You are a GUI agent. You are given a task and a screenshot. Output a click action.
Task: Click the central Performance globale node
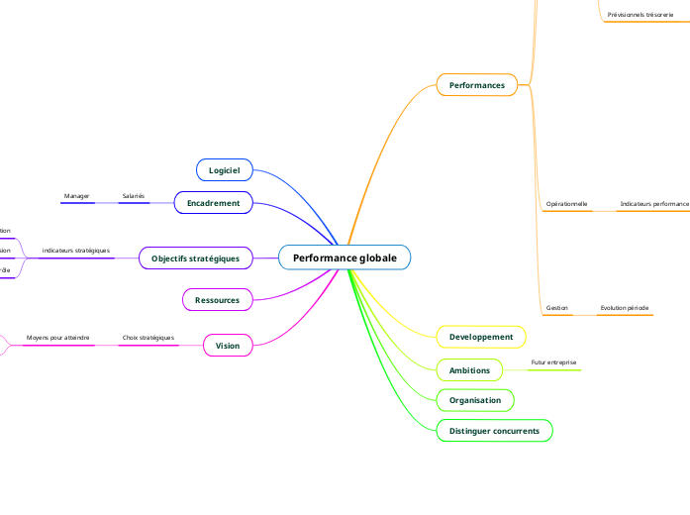[345, 257]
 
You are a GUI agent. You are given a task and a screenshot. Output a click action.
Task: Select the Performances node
[477, 85]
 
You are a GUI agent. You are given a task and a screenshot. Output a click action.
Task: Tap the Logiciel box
[225, 170]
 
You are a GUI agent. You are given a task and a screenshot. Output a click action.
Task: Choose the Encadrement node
[214, 203]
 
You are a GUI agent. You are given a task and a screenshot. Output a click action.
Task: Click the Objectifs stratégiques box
[195, 258]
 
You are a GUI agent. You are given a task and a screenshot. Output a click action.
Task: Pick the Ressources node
[217, 299]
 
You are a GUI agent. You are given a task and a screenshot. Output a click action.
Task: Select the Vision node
[228, 346]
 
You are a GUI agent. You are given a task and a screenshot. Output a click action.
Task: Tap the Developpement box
[481, 337]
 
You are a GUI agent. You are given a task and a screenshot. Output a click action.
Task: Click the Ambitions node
[469, 370]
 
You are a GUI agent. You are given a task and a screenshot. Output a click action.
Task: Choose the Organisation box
[475, 400]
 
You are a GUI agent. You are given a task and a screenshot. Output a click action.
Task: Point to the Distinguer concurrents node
[494, 431]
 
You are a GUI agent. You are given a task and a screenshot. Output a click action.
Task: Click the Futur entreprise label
[553, 362]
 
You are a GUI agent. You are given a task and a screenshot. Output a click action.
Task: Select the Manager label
[77, 196]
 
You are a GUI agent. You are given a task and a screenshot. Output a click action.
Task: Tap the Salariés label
[133, 196]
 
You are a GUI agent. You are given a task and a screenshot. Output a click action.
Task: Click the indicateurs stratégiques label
[76, 251]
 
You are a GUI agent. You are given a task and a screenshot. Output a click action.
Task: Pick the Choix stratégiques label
[148, 338]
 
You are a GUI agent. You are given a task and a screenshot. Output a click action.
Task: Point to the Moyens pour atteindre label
[58, 338]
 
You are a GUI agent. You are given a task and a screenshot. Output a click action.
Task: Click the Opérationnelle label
[566, 203]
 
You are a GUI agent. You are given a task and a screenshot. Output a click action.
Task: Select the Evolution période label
[624, 308]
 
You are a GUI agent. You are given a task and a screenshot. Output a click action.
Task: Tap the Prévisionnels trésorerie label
[640, 15]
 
